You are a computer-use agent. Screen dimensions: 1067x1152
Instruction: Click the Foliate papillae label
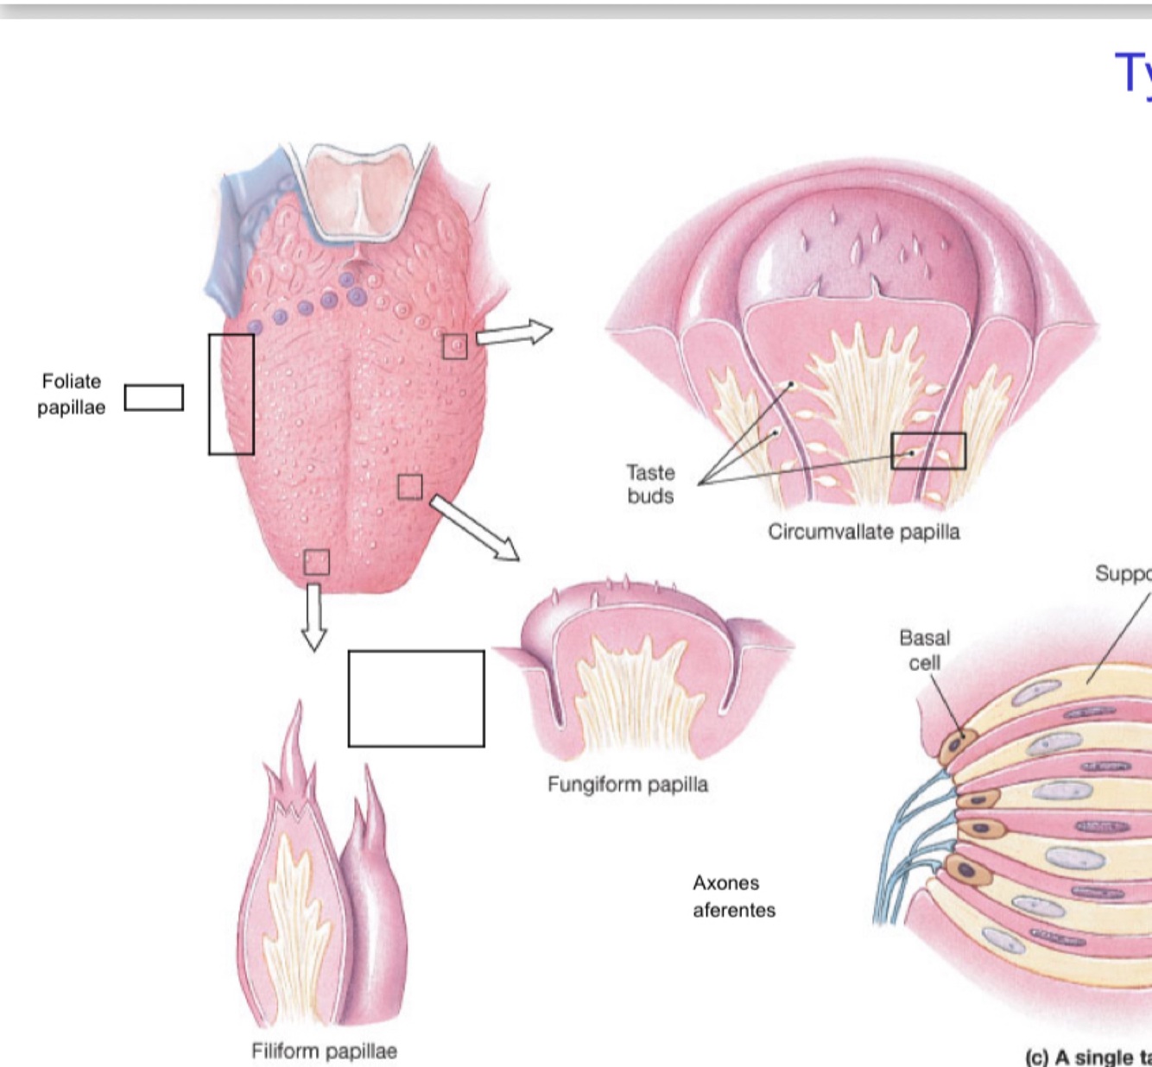click(x=71, y=395)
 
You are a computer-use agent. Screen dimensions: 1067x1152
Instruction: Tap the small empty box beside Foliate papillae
click(x=154, y=398)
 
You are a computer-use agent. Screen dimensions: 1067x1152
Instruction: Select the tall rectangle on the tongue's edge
click(x=231, y=395)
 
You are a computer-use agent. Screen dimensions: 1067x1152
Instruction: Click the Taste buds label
click(x=650, y=484)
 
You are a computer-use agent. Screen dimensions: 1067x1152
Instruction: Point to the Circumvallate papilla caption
click(x=864, y=532)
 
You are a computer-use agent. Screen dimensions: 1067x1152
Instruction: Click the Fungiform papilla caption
click(x=628, y=785)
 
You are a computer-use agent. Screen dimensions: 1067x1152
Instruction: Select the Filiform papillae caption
click(x=324, y=1051)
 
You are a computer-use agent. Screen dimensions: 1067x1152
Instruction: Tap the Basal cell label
click(x=924, y=650)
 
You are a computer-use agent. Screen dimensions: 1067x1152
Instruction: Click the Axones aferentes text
click(x=733, y=896)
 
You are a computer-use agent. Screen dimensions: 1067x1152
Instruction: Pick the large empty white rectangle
click(x=416, y=698)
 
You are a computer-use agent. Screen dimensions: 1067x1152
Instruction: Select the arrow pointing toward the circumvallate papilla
click(x=514, y=332)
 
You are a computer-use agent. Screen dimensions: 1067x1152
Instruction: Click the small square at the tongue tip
click(x=317, y=562)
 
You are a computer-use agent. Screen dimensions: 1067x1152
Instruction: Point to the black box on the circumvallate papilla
click(x=928, y=451)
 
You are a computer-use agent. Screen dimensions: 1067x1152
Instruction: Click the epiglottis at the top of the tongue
click(x=362, y=190)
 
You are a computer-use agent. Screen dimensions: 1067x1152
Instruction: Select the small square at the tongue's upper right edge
click(x=455, y=346)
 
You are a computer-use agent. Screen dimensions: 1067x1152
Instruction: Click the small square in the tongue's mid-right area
click(x=410, y=487)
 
